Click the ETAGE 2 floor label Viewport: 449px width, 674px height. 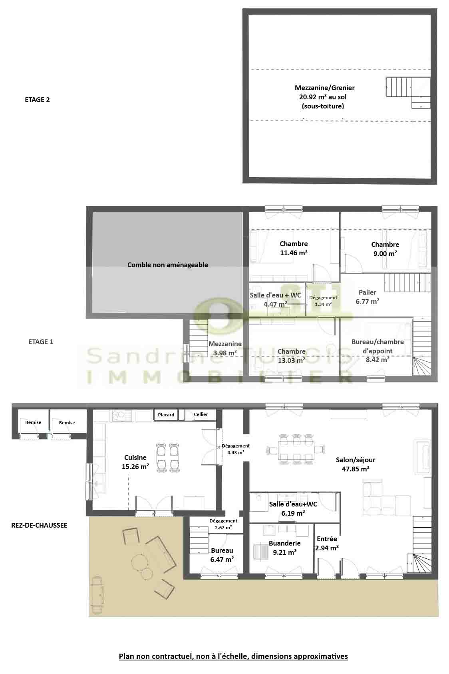pos(37,100)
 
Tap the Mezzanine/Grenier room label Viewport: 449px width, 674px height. pos(324,97)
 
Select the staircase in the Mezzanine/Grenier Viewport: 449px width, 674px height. pos(408,92)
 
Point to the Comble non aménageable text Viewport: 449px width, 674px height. pos(167,265)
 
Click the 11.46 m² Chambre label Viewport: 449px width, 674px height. pos(294,248)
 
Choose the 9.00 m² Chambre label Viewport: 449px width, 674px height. pos(385,249)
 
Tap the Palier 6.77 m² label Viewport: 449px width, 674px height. pos(368,297)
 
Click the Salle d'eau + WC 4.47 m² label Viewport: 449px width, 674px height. pos(275,300)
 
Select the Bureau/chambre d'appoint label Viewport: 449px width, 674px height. pos(377,351)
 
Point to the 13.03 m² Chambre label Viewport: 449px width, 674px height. pos(291,356)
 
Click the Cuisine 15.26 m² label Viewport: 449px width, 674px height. pos(135,462)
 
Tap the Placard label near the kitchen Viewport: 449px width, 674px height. pos(166,415)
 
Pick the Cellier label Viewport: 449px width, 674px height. pos(201,414)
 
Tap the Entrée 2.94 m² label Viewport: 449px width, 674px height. pos(327,544)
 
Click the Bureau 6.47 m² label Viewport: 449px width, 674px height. pos(222,555)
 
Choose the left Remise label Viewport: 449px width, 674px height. pos(33,422)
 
